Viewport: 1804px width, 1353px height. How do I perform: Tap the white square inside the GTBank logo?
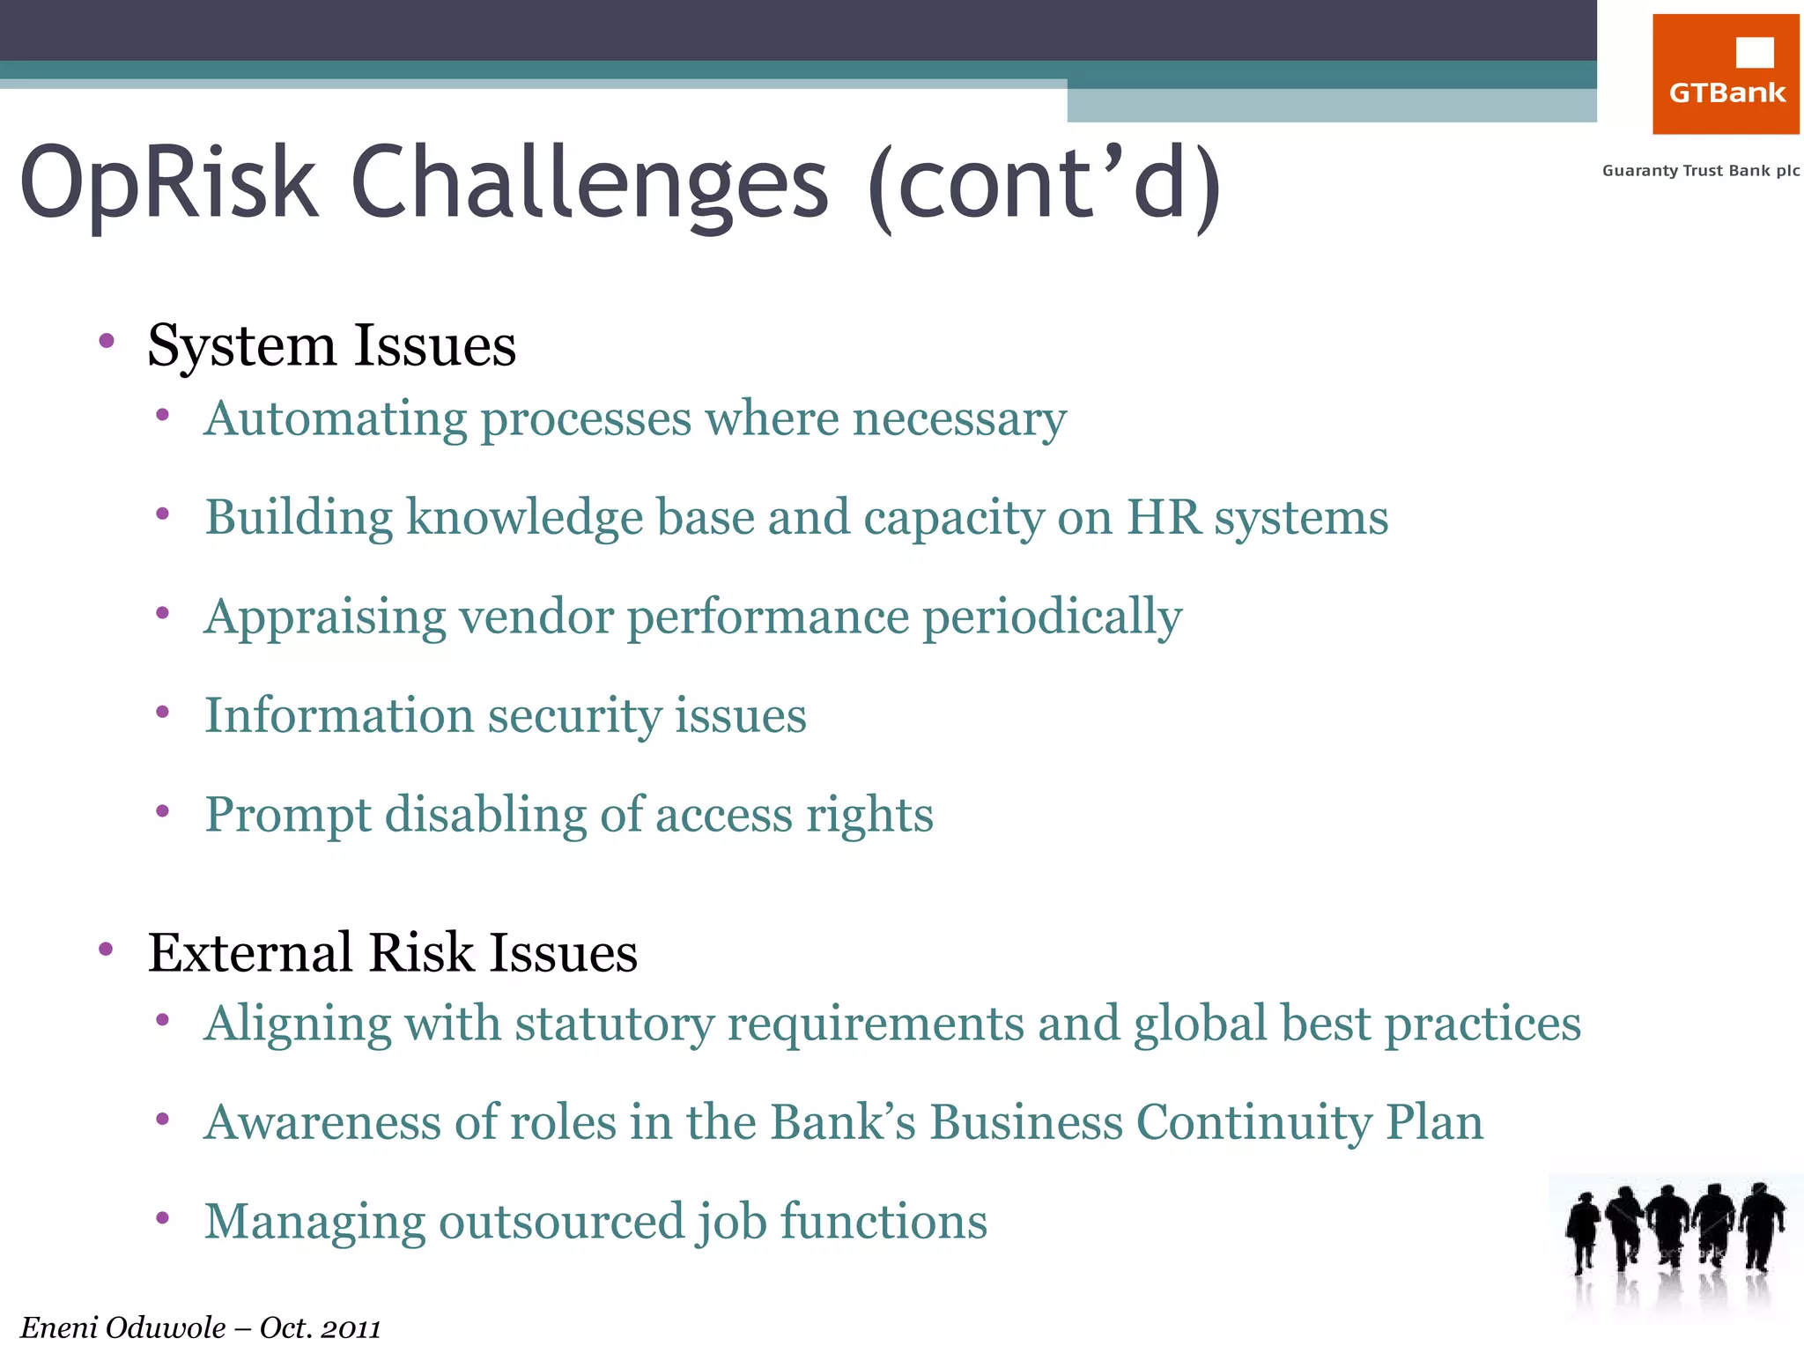[1754, 52]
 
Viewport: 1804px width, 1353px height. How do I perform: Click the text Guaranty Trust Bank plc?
[1700, 171]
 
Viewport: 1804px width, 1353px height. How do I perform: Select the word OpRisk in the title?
[167, 183]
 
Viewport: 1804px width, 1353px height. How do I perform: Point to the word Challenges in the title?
[589, 183]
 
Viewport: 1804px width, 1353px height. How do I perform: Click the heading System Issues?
[331, 345]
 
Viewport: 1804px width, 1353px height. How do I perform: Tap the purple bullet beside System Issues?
[107, 341]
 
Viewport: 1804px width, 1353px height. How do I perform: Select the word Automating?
[335, 418]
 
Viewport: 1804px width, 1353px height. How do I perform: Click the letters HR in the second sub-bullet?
[1163, 517]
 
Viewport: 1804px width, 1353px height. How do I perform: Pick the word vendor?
[536, 617]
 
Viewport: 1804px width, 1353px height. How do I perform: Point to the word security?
[574, 716]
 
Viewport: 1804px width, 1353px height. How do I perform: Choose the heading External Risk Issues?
[392, 953]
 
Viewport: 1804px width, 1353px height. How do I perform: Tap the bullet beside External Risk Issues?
[107, 949]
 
